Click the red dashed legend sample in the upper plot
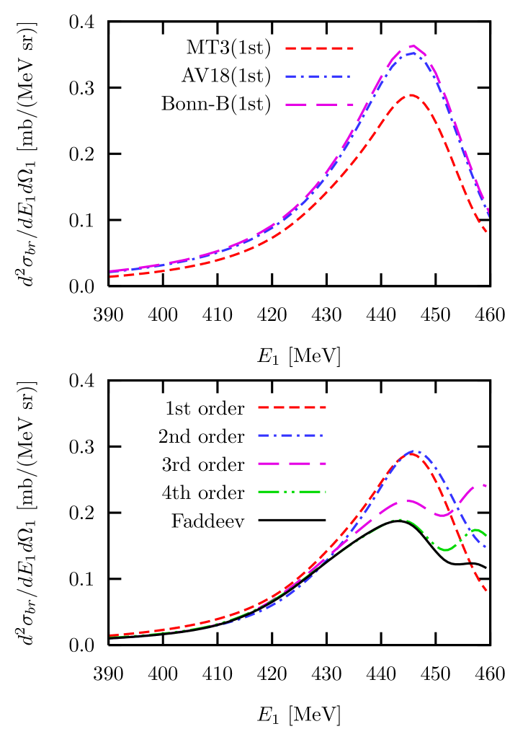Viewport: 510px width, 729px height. (x=319, y=48)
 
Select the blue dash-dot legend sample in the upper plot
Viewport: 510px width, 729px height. (x=318, y=76)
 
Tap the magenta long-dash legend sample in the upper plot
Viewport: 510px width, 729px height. (x=319, y=105)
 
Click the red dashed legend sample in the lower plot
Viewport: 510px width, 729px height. (x=292, y=407)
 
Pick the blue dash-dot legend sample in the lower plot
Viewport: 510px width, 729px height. (x=290, y=436)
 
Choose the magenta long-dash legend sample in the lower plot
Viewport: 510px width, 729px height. (x=292, y=464)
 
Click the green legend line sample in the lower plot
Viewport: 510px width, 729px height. (x=292, y=492)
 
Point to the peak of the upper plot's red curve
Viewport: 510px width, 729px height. (x=411, y=94)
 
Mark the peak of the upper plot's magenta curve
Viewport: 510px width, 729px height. (x=413, y=45)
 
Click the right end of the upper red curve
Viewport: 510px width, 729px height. (x=488, y=232)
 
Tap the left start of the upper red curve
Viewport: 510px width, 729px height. (x=110, y=276)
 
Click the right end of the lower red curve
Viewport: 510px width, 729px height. (x=488, y=592)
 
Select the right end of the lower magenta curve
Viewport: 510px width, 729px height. (x=486, y=485)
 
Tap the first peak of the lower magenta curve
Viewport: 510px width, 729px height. (x=406, y=500)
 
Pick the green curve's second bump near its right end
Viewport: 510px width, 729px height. (x=477, y=530)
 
